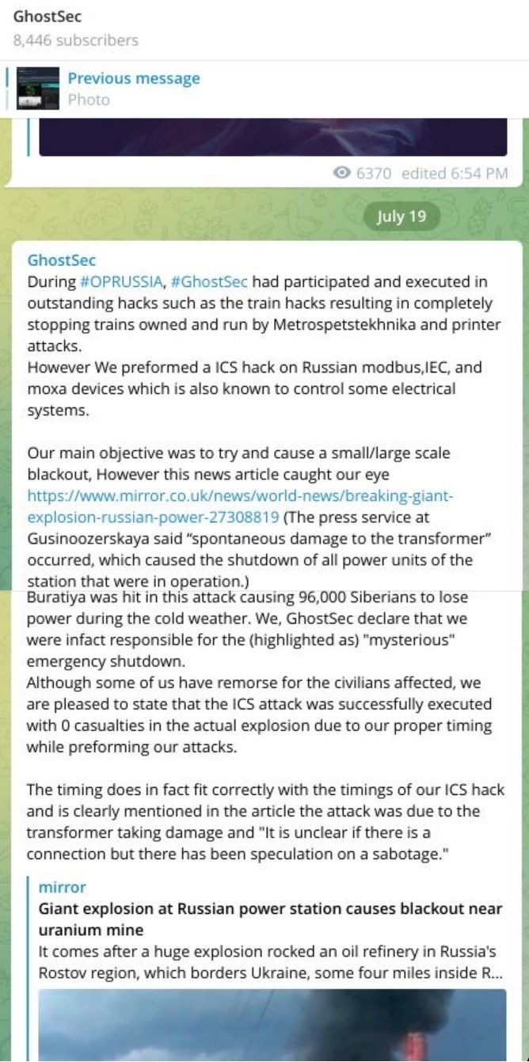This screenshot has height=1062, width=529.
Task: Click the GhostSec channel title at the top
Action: point(48,16)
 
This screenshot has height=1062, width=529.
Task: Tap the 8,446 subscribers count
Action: point(76,40)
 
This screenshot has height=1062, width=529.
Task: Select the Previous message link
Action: point(133,78)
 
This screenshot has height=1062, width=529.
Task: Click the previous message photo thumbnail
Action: point(38,88)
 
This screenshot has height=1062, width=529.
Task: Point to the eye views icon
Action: point(343,174)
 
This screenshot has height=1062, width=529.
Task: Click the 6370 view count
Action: point(374,174)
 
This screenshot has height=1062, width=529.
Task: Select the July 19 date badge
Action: point(402,217)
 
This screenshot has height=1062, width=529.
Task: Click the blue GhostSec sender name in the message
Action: point(62,260)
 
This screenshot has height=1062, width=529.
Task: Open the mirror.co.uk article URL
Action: point(241,506)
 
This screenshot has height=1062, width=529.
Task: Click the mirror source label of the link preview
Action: point(62,887)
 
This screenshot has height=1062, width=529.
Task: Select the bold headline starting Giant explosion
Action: point(270,918)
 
